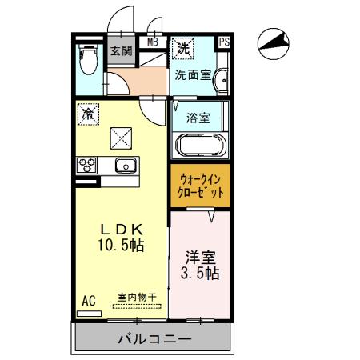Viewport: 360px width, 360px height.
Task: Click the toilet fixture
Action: coord(89,57)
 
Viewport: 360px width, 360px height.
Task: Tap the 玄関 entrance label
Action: coord(122,52)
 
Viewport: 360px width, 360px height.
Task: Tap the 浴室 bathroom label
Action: coord(198,118)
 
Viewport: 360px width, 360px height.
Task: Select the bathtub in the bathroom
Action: coord(200,146)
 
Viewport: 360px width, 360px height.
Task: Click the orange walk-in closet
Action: coord(201,186)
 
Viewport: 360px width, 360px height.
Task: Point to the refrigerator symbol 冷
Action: coord(87,114)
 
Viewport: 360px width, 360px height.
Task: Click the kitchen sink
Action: coord(125,166)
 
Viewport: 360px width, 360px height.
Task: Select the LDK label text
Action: coord(120,227)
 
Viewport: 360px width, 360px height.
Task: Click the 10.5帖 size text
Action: coord(121,246)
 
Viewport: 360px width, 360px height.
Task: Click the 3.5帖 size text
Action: coord(201,274)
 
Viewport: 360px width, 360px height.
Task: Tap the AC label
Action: coord(89,302)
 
